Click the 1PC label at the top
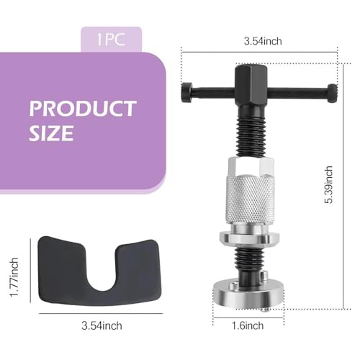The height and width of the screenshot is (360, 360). [x=112, y=39]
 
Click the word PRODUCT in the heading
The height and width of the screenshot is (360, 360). [x=83, y=109]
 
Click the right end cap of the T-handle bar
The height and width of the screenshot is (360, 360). [x=331, y=91]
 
